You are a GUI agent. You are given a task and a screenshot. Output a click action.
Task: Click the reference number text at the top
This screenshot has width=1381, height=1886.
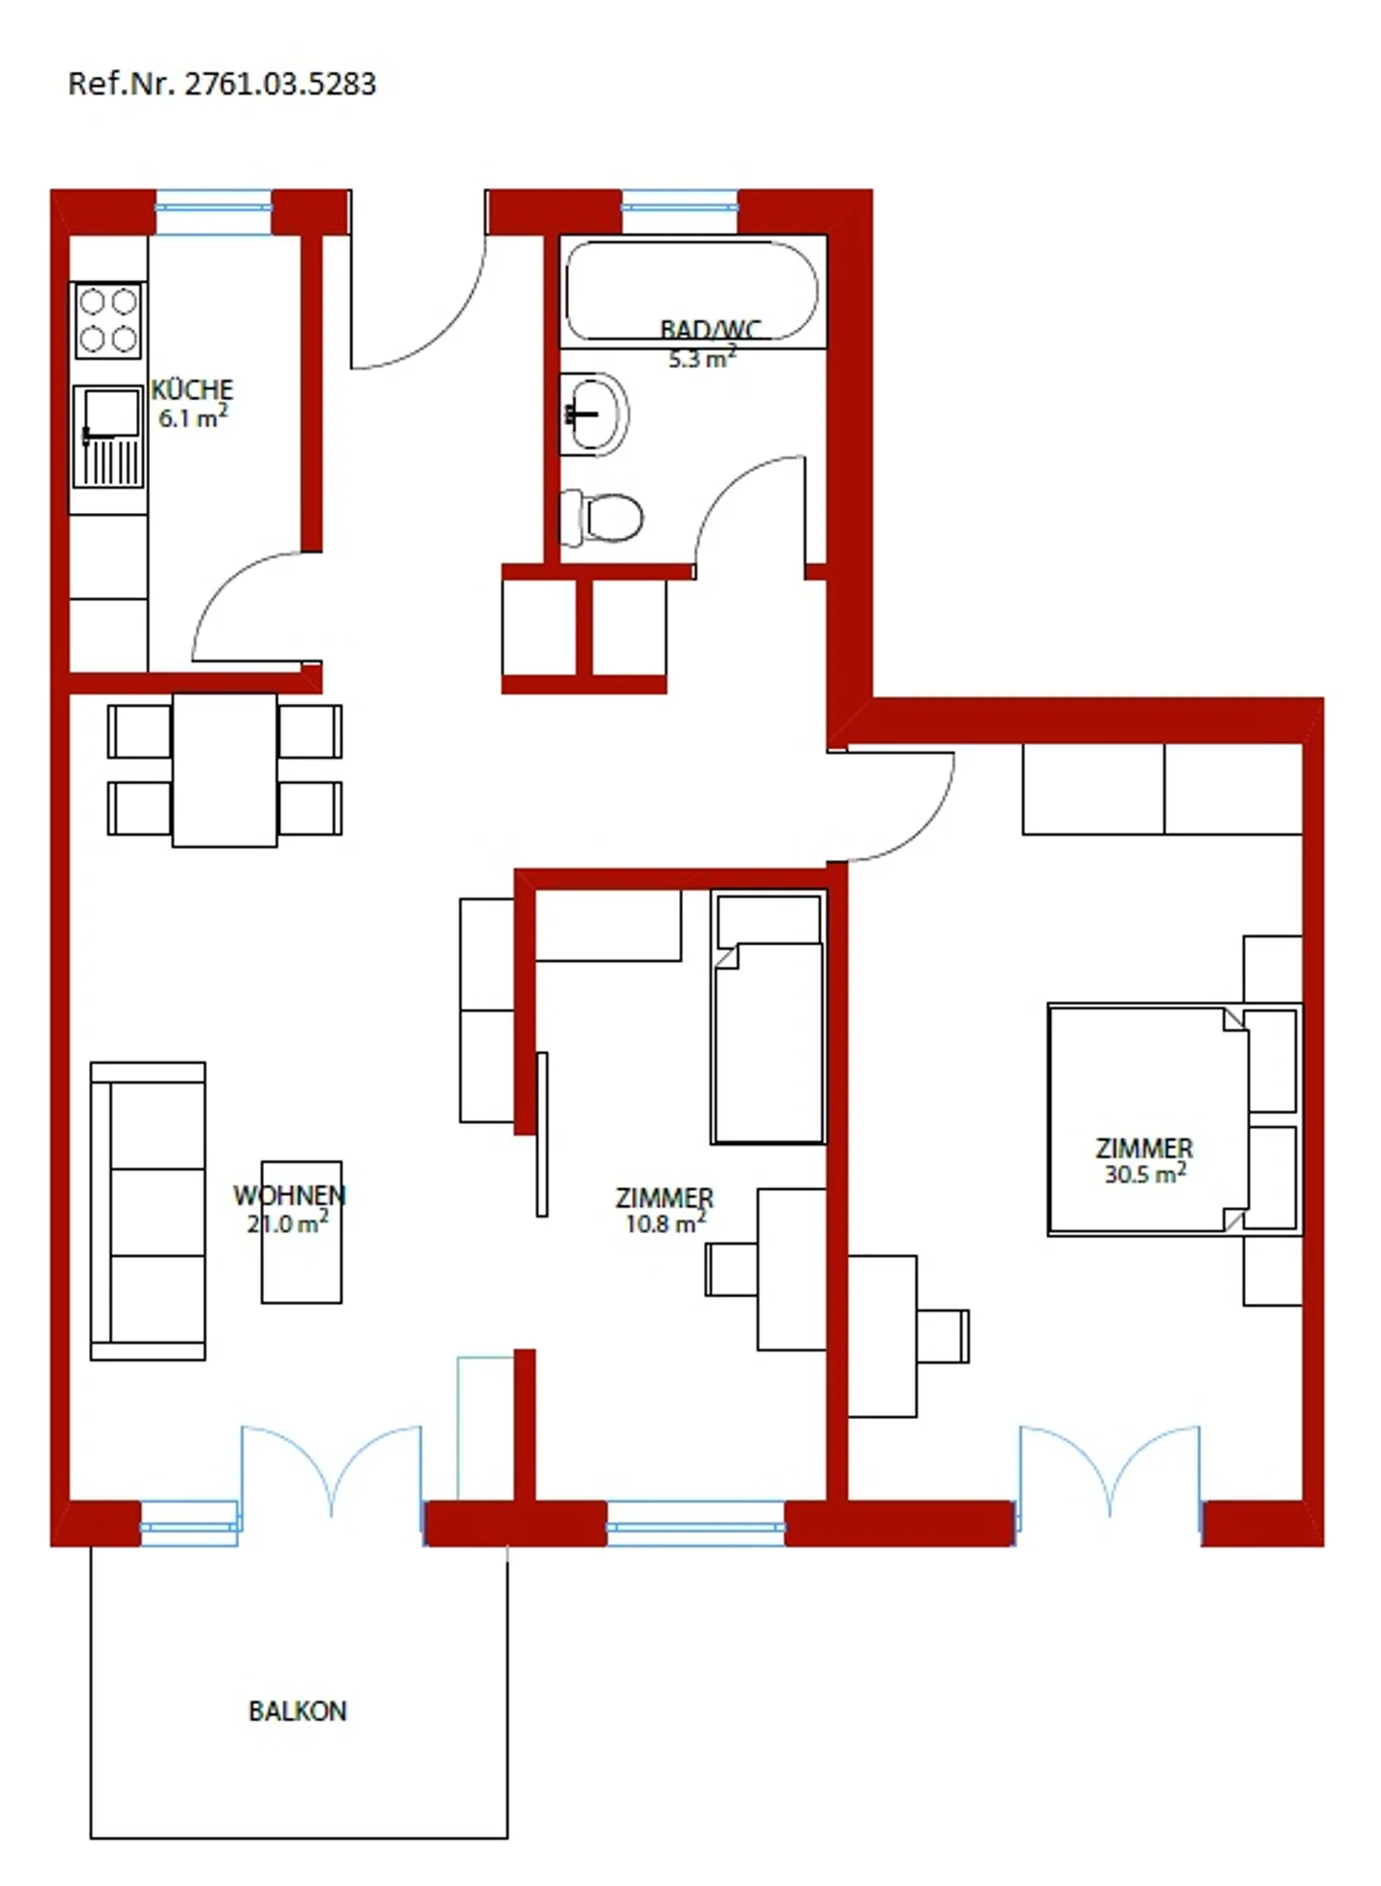222,84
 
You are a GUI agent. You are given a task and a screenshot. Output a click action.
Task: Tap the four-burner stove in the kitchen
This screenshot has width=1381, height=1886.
108,320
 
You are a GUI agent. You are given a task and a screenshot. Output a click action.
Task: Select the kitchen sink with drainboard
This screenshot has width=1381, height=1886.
108,436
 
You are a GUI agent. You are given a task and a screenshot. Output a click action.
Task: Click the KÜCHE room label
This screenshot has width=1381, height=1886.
192,390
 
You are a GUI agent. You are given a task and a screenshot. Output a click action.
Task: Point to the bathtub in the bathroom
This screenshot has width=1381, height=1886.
692,291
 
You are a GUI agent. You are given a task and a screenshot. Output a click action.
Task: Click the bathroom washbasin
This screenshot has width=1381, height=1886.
594,414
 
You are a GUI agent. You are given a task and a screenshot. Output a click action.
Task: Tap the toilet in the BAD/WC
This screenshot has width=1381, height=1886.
600,518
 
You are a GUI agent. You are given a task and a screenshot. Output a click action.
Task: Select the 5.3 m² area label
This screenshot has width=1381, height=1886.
703,359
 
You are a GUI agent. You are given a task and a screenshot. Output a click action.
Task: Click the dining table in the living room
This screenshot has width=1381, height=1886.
224,770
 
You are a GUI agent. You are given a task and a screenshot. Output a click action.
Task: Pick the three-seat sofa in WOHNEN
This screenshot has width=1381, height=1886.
148,1210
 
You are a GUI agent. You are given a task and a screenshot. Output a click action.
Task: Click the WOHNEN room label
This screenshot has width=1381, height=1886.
290,1196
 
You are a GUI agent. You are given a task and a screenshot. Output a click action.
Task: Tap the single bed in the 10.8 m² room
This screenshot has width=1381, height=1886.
768,1017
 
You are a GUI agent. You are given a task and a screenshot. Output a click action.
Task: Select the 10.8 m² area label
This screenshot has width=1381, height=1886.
666,1223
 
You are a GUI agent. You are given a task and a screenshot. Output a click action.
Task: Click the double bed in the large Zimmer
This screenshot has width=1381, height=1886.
1149,1119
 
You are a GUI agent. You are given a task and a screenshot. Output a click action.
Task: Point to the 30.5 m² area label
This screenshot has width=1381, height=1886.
1145,1174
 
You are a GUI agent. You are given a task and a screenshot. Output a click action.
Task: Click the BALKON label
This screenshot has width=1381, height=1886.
297,1711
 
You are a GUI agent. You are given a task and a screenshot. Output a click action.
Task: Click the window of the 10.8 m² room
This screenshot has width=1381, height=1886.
695,1523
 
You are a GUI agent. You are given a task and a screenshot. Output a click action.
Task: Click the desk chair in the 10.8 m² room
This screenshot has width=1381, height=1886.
732,1269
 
